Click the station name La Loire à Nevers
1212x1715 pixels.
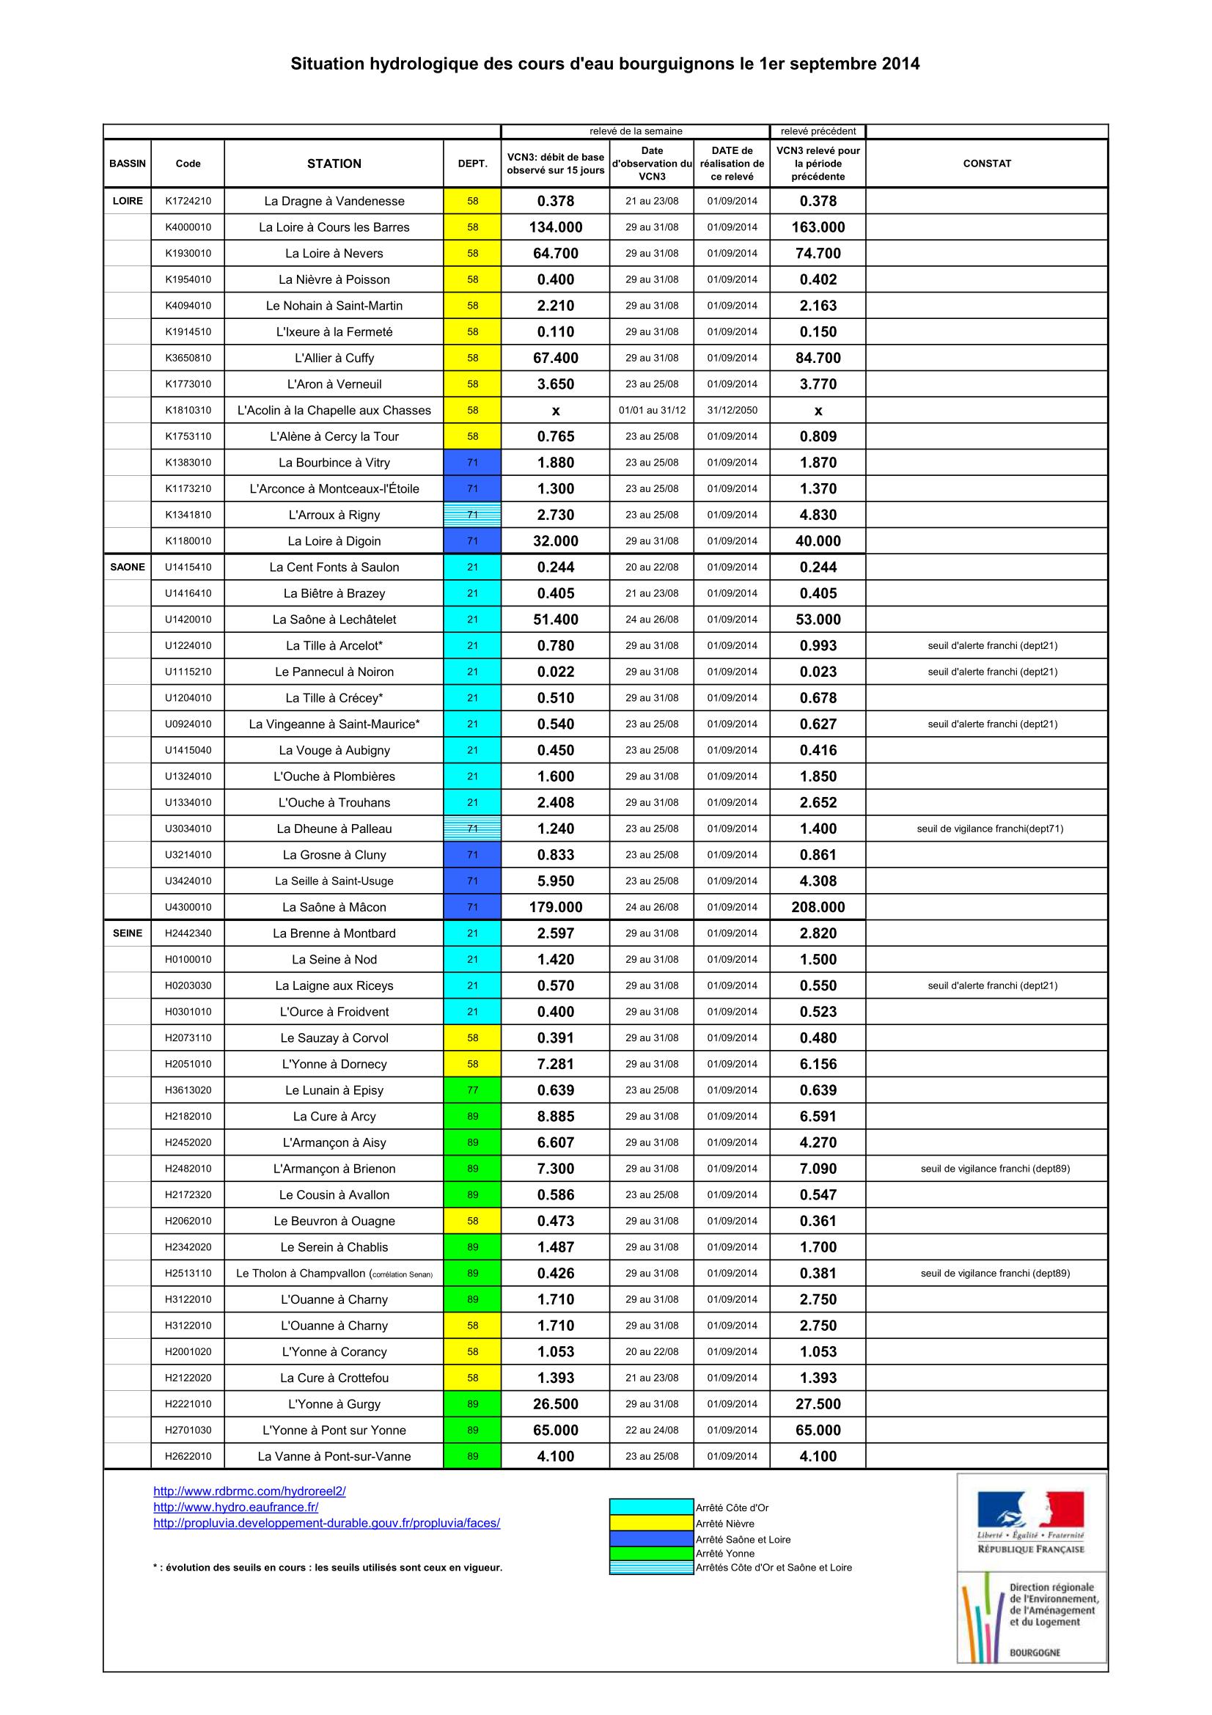pos(334,253)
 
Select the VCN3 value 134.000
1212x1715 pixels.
pos(556,227)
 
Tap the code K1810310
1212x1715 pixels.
pos(188,410)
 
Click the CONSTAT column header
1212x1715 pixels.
pos(986,164)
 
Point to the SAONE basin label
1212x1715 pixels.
pos(128,567)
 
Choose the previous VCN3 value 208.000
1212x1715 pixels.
pos(818,907)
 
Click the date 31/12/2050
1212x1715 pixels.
pos(732,410)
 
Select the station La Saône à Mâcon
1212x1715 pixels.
pos(334,907)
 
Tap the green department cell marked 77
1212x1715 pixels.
pos(472,1090)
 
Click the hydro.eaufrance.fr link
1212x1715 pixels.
pos(236,1507)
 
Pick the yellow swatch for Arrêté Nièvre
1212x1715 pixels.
pos(651,1523)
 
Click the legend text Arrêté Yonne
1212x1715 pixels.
pos(724,1554)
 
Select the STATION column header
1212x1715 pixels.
pos(334,164)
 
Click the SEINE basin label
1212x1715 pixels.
pos(128,933)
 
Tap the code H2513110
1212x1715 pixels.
pos(188,1273)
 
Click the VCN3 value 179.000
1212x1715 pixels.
pos(556,907)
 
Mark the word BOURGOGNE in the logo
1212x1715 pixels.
pos(1035,1652)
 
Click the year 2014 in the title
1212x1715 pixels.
pos(900,65)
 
